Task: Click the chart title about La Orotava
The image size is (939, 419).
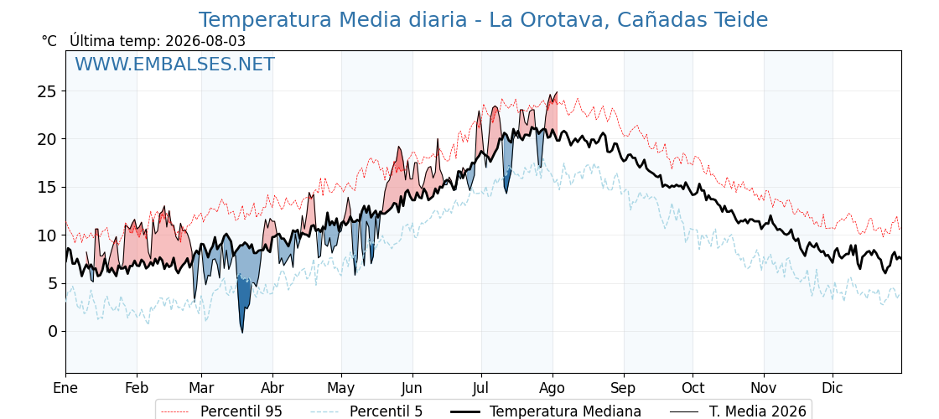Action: tap(483, 20)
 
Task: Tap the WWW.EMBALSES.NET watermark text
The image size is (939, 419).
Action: tap(175, 64)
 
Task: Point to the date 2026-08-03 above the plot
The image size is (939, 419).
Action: tap(205, 41)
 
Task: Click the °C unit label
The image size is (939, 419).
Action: tap(49, 41)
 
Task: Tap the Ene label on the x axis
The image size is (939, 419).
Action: tap(65, 389)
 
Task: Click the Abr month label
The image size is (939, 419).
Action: tap(272, 389)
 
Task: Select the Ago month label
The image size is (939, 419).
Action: tap(553, 389)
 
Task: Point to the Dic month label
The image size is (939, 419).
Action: tap(833, 389)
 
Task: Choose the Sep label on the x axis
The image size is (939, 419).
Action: tap(624, 389)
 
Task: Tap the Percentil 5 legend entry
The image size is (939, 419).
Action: tap(367, 411)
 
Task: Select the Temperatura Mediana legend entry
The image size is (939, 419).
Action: tap(546, 411)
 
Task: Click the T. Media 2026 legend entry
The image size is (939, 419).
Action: tap(738, 411)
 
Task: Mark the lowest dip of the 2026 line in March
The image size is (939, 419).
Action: tap(242, 332)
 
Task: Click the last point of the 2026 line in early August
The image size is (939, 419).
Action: tap(557, 92)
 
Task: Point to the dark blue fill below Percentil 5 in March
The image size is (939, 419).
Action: tap(243, 299)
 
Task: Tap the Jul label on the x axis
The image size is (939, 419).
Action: tap(481, 389)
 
